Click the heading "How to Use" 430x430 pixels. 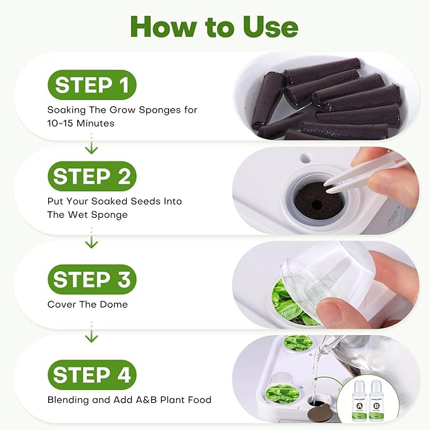click(214, 27)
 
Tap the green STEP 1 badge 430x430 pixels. click(91, 85)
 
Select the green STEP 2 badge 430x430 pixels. click(91, 177)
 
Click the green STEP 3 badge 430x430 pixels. click(91, 279)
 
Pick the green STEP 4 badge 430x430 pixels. click(91, 375)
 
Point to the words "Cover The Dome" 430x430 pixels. click(87, 305)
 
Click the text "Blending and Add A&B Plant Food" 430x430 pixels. click(129, 400)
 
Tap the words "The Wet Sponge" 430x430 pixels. click(87, 214)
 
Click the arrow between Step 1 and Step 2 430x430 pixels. click(91, 145)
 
